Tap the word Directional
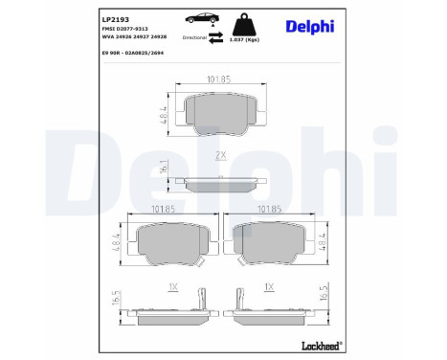coord(195,35)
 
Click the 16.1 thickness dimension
coord(166,169)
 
